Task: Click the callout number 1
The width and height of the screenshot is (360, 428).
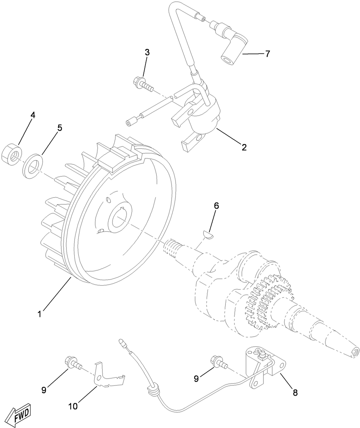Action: (40, 314)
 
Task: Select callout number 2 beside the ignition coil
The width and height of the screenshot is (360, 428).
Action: (244, 147)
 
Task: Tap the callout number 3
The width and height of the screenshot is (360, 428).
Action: (147, 52)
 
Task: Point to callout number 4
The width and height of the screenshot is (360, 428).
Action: (33, 115)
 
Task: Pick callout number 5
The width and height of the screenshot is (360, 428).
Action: (60, 128)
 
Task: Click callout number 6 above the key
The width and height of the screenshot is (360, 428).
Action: (216, 206)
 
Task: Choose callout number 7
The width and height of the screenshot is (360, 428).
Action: (267, 54)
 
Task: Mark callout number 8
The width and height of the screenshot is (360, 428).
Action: (295, 392)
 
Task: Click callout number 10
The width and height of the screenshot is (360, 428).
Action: (73, 406)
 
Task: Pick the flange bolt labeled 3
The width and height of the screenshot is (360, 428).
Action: (142, 84)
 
